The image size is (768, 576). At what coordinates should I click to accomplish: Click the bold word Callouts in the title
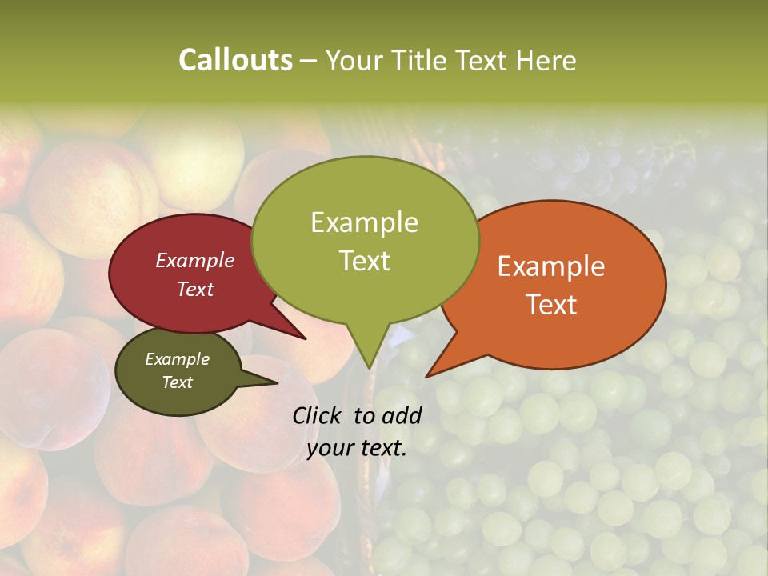[x=235, y=60]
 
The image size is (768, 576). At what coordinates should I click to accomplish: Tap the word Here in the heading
[x=547, y=60]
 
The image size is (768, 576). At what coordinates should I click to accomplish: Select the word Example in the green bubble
[x=364, y=222]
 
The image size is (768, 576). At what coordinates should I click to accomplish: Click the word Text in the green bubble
[x=364, y=261]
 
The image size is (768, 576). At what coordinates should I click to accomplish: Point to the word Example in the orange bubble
[x=551, y=266]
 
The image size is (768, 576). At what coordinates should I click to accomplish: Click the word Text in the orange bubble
[x=551, y=305]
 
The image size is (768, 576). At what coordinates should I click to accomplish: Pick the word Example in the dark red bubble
[x=194, y=261]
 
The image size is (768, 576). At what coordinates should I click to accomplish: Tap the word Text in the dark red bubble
[x=194, y=289]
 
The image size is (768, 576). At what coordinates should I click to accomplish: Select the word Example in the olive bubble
[x=177, y=359]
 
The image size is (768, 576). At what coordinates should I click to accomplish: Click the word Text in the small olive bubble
[x=177, y=382]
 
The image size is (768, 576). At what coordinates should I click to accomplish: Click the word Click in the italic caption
[x=318, y=415]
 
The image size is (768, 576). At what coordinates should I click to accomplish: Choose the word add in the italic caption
[x=402, y=415]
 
